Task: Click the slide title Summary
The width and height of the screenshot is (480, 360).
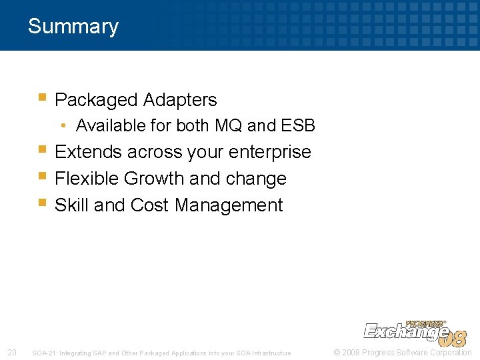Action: (x=73, y=27)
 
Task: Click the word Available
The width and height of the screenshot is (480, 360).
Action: (x=106, y=125)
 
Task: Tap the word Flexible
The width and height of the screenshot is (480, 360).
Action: (x=88, y=179)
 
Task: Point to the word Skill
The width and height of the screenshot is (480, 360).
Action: (x=72, y=205)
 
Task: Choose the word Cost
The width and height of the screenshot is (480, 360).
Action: (x=150, y=205)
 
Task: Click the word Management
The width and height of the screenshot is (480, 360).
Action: (x=229, y=205)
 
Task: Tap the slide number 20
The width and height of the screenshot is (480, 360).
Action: (x=11, y=353)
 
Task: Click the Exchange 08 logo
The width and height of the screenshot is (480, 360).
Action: (x=414, y=333)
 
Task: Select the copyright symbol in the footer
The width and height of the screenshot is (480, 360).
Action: (x=337, y=353)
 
